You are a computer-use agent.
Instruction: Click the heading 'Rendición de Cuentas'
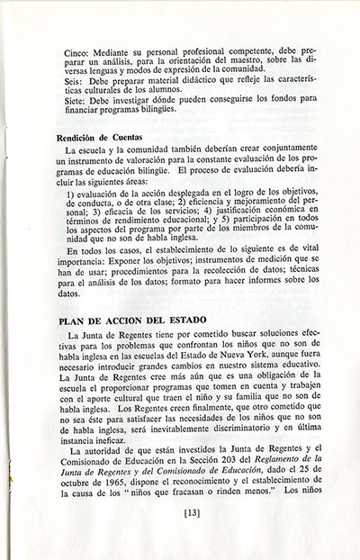[x=100, y=138]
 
